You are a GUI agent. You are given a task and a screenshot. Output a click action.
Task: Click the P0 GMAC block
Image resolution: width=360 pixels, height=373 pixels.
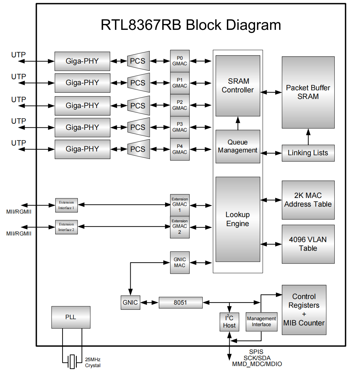[180, 61]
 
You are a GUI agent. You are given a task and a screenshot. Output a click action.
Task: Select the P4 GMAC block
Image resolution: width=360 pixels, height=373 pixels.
[180, 149]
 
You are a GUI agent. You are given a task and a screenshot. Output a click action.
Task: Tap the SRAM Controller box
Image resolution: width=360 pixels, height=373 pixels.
[238, 86]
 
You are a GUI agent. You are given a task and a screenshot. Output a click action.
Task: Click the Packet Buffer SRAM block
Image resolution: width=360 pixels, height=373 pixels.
[308, 92]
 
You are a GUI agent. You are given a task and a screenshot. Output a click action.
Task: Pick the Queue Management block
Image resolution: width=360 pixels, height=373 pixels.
[238, 147]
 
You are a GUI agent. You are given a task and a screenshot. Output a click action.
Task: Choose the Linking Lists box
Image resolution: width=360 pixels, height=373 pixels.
[308, 153]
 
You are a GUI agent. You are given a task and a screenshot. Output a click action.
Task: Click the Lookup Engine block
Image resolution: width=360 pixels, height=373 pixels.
[238, 219]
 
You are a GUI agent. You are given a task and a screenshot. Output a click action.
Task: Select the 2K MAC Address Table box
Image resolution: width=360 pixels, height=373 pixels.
[308, 200]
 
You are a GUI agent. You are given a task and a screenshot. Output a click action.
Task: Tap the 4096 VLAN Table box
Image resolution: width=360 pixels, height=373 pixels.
[308, 244]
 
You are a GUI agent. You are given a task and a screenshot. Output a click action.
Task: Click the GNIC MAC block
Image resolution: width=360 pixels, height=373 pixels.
[180, 263]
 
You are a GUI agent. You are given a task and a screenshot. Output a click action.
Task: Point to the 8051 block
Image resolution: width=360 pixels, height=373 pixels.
[180, 302]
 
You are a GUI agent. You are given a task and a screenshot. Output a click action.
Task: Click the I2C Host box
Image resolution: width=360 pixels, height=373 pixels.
[229, 322]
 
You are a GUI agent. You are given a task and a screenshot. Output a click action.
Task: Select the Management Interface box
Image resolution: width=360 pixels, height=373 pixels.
[261, 322]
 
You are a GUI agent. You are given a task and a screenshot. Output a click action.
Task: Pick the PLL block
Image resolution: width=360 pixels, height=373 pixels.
[71, 317]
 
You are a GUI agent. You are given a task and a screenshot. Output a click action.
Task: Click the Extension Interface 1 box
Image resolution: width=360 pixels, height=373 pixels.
[66, 205]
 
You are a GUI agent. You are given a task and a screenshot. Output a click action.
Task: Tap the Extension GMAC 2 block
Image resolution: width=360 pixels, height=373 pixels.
[180, 226]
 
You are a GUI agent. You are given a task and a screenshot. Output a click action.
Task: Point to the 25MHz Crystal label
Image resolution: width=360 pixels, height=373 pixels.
[93, 363]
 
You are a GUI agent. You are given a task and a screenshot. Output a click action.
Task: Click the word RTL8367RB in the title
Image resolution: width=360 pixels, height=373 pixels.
[141, 25]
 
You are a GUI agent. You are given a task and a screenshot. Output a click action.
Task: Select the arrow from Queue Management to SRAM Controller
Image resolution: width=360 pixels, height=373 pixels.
[238, 123]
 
